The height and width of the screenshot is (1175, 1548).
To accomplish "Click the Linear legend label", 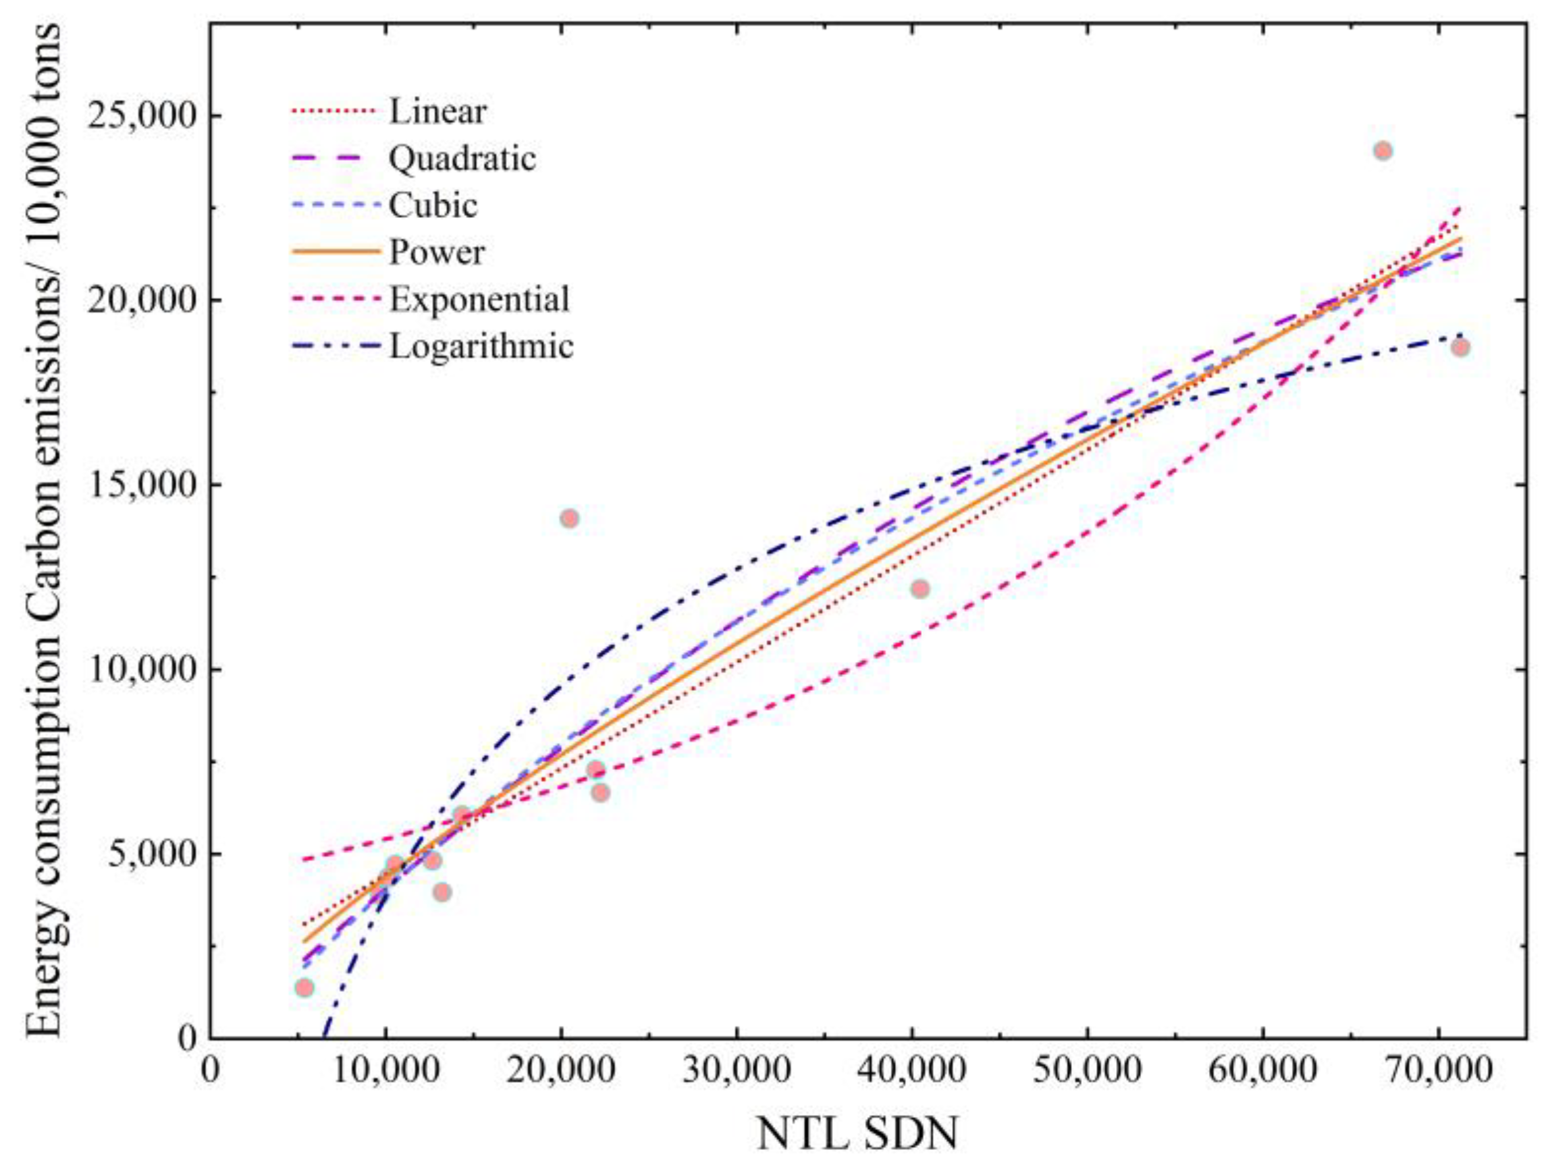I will coord(437,112).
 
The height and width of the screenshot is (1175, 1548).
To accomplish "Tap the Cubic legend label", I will coord(433,205).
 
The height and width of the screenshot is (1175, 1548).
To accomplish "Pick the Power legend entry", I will coord(437,253).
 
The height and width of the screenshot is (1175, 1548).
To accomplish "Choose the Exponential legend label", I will coord(479,300).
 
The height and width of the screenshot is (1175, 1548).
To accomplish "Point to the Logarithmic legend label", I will coord(481,346).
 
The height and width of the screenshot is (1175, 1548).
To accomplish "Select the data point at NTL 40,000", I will coord(921,589).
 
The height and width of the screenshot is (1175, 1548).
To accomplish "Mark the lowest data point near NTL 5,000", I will coord(304,987).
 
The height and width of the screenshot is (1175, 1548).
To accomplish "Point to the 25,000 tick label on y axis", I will coord(140,116).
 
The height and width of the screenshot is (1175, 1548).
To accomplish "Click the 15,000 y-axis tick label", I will coord(140,485).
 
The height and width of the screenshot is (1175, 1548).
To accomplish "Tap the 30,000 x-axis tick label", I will coord(736,1072).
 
